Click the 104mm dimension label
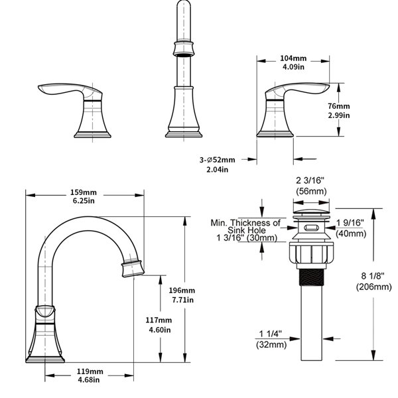pyautogui.click(x=293, y=58)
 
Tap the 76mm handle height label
pyautogui.click(x=338, y=106)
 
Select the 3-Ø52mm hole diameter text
pyautogui.click(x=217, y=160)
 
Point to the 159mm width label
pyautogui.click(x=84, y=192)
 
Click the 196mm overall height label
pyautogui.click(x=182, y=290)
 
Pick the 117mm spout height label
pyautogui.click(x=159, y=320)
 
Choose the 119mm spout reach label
pyautogui.click(x=90, y=371)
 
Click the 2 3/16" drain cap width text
pyautogui.click(x=310, y=180)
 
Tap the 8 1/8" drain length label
pyautogui.click(x=373, y=276)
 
